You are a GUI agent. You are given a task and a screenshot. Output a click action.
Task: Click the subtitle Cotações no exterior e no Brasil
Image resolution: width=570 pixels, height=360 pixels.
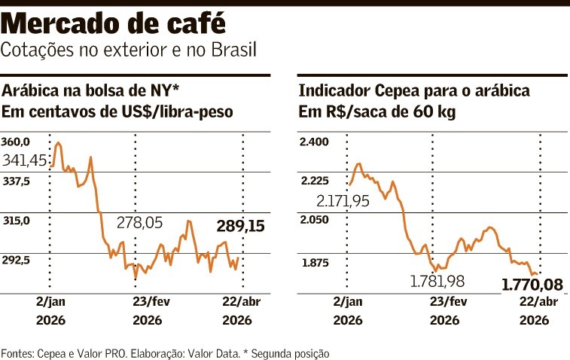129,51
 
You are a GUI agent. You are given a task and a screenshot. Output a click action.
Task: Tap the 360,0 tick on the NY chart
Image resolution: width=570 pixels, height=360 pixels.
16,142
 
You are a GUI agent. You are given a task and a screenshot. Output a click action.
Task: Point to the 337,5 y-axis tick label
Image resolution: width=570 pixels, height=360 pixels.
16,181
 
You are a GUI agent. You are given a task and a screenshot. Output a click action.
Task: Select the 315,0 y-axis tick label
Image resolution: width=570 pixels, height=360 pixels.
16,221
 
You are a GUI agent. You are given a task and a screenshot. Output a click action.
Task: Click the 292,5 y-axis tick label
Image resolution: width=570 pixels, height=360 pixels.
16,260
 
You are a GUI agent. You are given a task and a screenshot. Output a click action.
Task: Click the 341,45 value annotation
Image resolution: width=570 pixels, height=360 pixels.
26,160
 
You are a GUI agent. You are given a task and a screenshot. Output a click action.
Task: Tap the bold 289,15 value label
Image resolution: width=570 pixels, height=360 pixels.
240,225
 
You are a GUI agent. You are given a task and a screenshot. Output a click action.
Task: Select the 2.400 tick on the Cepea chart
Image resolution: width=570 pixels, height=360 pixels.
314,142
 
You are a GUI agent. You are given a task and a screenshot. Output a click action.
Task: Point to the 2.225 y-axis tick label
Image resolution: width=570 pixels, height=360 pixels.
314,181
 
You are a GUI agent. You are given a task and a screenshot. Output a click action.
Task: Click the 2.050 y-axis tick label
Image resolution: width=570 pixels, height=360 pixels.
314,221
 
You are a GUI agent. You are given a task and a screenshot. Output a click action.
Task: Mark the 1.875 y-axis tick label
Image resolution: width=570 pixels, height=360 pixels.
314,263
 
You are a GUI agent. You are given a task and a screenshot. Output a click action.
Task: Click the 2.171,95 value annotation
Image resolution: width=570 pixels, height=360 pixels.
343,201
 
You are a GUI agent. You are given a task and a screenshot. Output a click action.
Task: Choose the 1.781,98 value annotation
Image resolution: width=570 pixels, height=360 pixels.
437,281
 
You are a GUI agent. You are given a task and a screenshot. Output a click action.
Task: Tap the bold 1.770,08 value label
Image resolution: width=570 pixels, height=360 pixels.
532,285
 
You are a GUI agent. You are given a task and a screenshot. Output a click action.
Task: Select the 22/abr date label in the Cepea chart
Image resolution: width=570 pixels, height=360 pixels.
539,302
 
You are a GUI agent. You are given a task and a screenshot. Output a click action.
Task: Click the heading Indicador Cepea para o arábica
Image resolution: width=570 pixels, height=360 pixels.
415,92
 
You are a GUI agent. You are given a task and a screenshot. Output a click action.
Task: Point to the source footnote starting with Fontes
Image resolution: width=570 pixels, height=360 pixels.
165,352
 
